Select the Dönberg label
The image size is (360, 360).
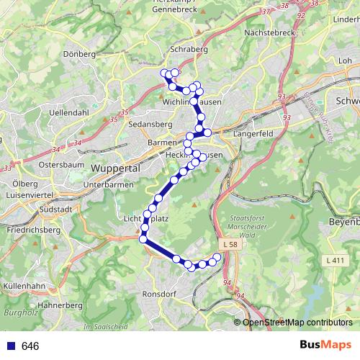pyautogui.click(x=80, y=54)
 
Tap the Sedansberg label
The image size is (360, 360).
pyautogui.click(x=150, y=125)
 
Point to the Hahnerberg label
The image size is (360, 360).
pyautogui.click(x=61, y=305)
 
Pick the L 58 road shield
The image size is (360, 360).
pyautogui.click(x=230, y=246)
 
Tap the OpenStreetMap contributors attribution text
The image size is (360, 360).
pyautogui.click(x=297, y=322)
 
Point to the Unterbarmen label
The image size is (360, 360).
pyautogui.click(x=110, y=185)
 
